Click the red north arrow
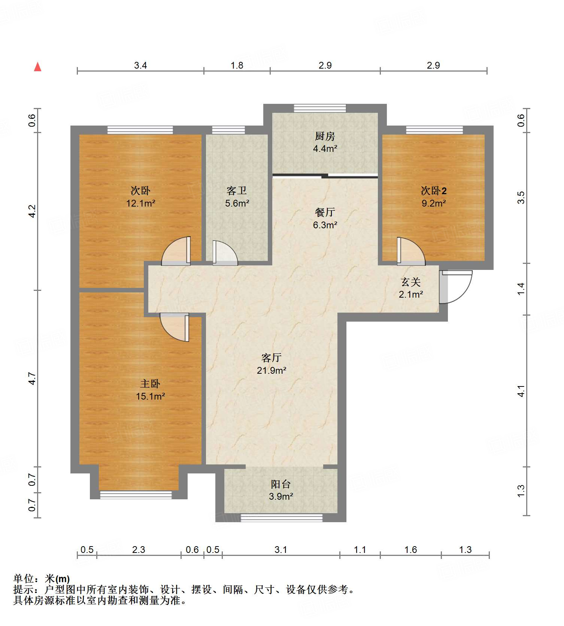pos(37,67)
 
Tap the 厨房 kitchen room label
pos(325,136)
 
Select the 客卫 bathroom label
pos(237,191)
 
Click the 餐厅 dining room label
pos(325,213)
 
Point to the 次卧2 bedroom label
pos(434,191)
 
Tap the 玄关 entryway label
pos(411,282)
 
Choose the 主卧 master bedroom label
pos(150,384)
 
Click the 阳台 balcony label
pos(281,484)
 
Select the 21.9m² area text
pos(272,370)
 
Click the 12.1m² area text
pos(141,204)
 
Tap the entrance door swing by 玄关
pos(456,287)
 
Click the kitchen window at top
pos(320,108)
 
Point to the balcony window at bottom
pos(281,518)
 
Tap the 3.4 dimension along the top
pos(140,66)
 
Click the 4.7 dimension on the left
pos(32,378)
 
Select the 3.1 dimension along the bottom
pos(281,550)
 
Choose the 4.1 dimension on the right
pos(521,391)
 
